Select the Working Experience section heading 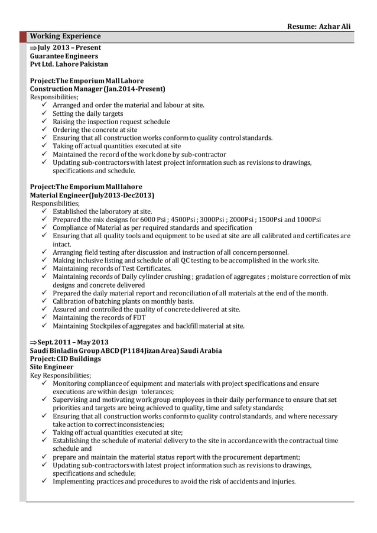point(66,37)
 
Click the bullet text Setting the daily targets point(88,113)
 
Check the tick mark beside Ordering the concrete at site point(44,130)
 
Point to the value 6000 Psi point(148,219)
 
